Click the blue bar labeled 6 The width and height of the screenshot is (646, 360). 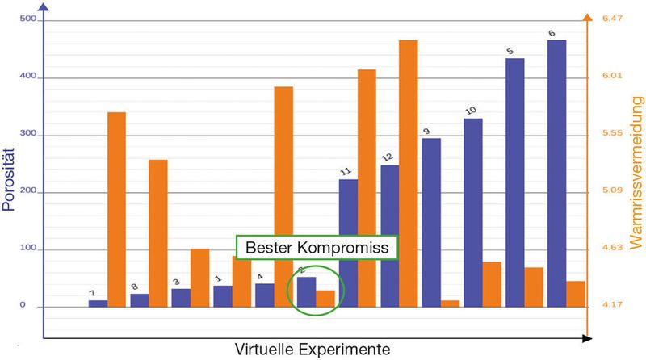click(x=556, y=173)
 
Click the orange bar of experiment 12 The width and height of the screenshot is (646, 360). click(x=409, y=173)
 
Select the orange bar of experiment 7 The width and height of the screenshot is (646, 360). click(x=116, y=209)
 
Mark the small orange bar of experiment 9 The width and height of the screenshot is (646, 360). click(x=450, y=303)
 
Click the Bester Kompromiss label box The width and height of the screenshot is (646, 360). click(x=317, y=247)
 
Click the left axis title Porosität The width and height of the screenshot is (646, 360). click(x=9, y=178)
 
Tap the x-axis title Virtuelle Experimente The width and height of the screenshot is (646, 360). click(x=313, y=350)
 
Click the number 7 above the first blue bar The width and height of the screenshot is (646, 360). click(x=92, y=293)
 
